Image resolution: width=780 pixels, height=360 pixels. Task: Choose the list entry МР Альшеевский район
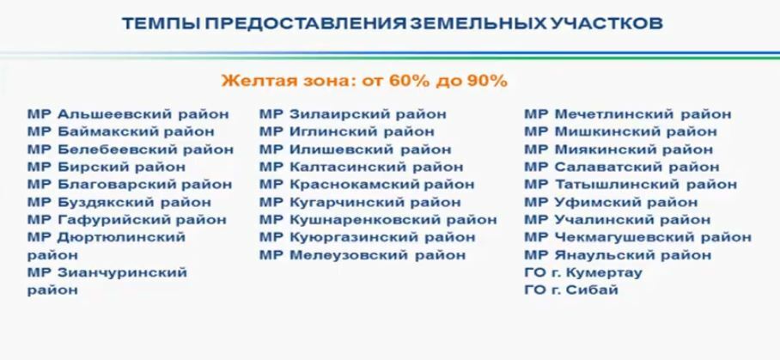(128, 114)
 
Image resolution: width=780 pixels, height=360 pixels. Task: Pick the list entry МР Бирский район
(107, 167)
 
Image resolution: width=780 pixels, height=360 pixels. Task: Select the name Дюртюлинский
(121, 237)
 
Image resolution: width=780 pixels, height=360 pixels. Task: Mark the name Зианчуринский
(122, 272)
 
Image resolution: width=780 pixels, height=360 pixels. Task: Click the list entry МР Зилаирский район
(353, 114)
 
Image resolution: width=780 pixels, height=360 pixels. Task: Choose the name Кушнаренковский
(364, 220)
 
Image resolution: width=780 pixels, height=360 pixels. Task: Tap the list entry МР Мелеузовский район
(363, 255)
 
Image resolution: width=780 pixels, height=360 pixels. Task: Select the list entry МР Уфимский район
(611, 203)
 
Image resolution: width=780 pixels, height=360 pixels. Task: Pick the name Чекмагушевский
(624, 237)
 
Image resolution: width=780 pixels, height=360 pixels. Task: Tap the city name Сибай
(592, 290)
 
